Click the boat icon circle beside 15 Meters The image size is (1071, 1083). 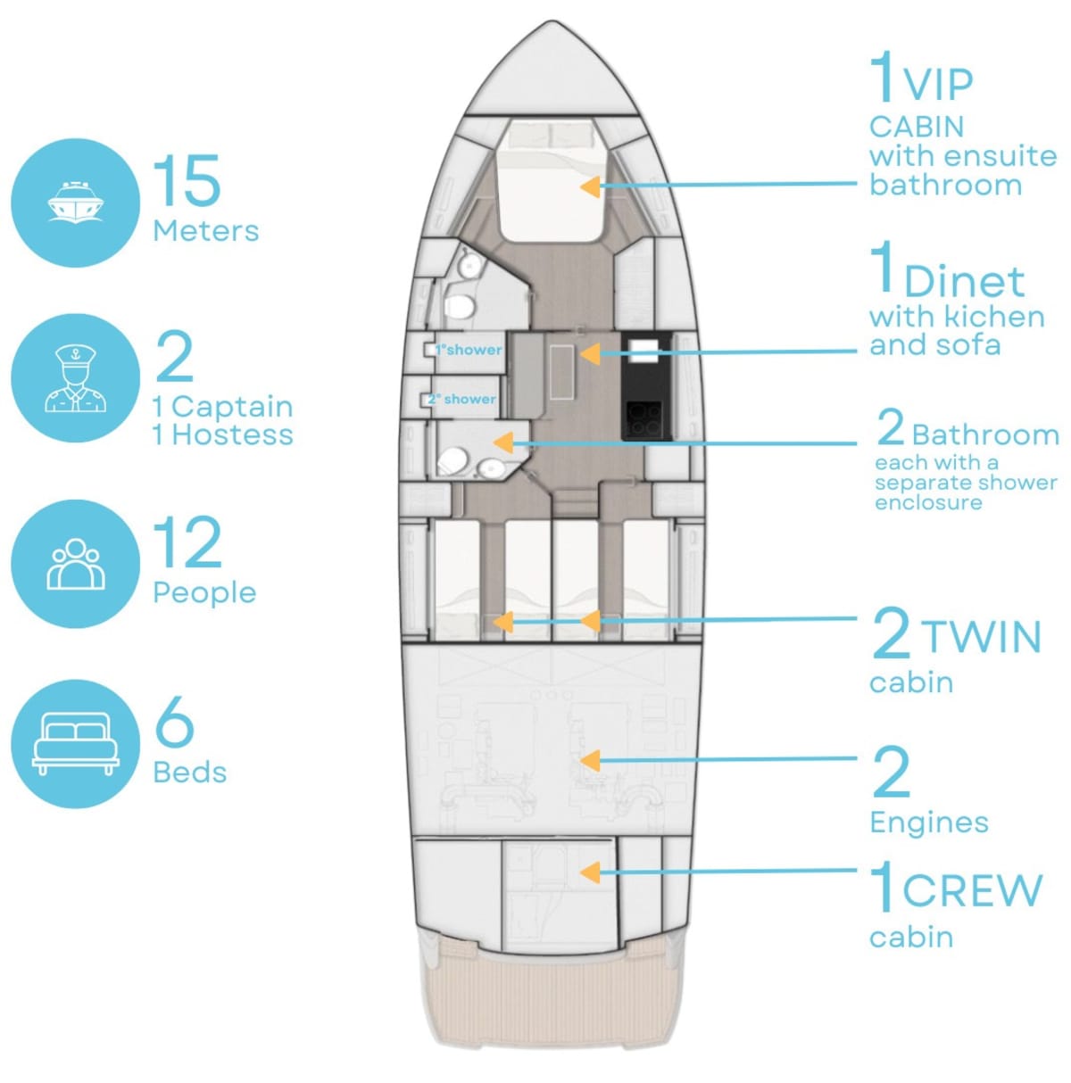click(x=75, y=203)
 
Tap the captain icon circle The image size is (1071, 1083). click(x=75, y=378)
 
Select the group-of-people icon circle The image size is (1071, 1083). click(x=75, y=564)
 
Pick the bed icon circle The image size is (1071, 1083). click(x=75, y=744)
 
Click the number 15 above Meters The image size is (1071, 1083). click(x=187, y=180)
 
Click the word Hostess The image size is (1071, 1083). click(x=232, y=435)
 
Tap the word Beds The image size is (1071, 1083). click(x=190, y=773)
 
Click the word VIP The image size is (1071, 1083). click(x=938, y=85)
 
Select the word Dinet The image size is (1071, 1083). click(x=965, y=281)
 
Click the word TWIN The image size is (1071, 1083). click(x=982, y=637)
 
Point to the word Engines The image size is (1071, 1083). click(x=929, y=823)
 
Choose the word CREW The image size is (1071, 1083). click(x=973, y=890)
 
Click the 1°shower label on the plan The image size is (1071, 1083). click(x=469, y=350)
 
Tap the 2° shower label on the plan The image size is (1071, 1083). click(x=461, y=399)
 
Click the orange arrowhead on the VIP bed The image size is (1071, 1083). click(x=590, y=186)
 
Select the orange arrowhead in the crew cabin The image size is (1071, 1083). click(x=590, y=872)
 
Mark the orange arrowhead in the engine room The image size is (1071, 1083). click(x=590, y=762)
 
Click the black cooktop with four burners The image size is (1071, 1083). click(x=643, y=418)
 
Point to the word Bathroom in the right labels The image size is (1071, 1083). click(x=985, y=435)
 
